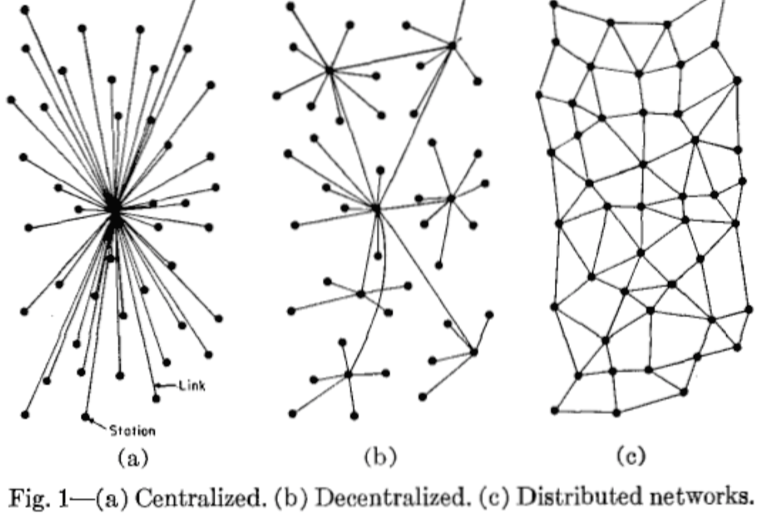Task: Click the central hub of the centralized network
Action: pyautogui.click(x=113, y=208)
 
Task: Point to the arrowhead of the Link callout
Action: pyautogui.click(x=156, y=384)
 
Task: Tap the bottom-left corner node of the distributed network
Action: pyautogui.click(x=555, y=409)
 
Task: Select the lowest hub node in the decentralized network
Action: pyautogui.click(x=348, y=375)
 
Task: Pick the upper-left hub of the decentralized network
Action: pyautogui.click(x=329, y=70)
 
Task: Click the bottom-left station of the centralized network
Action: pyautogui.click(x=25, y=413)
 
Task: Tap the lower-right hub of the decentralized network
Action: pyautogui.click(x=473, y=351)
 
